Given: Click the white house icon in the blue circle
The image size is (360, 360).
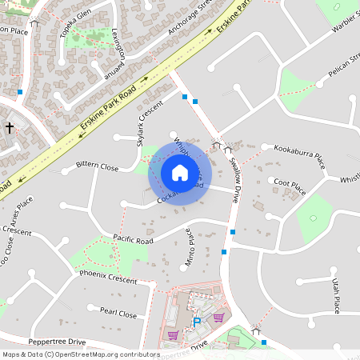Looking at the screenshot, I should (x=180, y=172).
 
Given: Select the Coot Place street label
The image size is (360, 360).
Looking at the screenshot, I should (x=290, y=186).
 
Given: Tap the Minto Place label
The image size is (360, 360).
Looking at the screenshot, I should (x=190, y=246).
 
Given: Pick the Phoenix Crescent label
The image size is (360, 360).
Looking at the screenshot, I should (x=108, y=277).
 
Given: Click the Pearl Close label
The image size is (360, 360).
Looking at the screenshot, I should (x=118, y=313).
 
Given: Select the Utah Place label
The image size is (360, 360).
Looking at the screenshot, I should (x=337, y=296).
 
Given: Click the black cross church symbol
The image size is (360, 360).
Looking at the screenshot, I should (x=10, y=127).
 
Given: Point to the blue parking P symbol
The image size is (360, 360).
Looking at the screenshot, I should (x=197, y=322).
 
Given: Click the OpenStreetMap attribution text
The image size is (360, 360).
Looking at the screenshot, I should (x=80, y=354).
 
